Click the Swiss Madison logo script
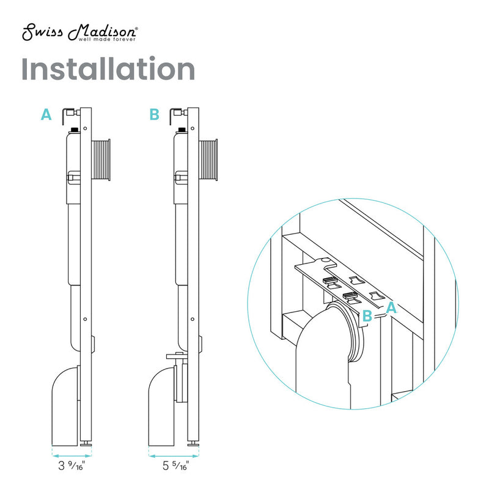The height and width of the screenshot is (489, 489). pyautogui.click(x=78, y=32)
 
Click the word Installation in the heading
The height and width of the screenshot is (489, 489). pyautogui.click(x=108, y=69)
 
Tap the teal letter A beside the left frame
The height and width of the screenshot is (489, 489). pyautogui.click(x=46, y=114)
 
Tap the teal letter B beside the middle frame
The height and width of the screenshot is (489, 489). pyautogui.click(x=154, y=114)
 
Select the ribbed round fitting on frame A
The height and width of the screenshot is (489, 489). pyautogui.click(x=100, y=160)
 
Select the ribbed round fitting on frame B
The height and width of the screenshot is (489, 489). pyautogui.click(x=208, y=160)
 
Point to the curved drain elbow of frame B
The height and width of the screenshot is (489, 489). pyautogui.click(x=161, y=403)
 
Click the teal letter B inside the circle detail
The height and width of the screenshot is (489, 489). pyautogui.click(x=367, y=316)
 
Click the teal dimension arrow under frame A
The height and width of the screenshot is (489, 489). pyautogui.click(x=72, y=455)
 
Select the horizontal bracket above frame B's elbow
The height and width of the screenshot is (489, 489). pyautogui.click(x=175, y=355)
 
